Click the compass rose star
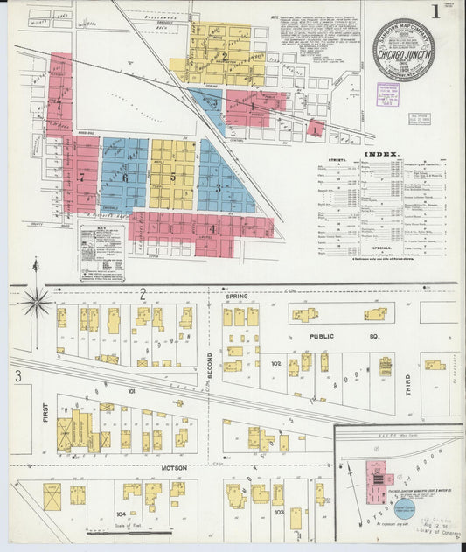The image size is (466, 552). (x=36, y=301)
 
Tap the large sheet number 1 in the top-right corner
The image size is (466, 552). (x=435, y=11)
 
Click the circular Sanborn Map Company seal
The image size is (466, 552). (x=402, y=50)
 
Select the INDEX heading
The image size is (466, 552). (x=380, y=154)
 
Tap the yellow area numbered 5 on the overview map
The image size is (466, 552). (x=173, y=175)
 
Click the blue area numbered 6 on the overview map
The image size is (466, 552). (x=124, y=178)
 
